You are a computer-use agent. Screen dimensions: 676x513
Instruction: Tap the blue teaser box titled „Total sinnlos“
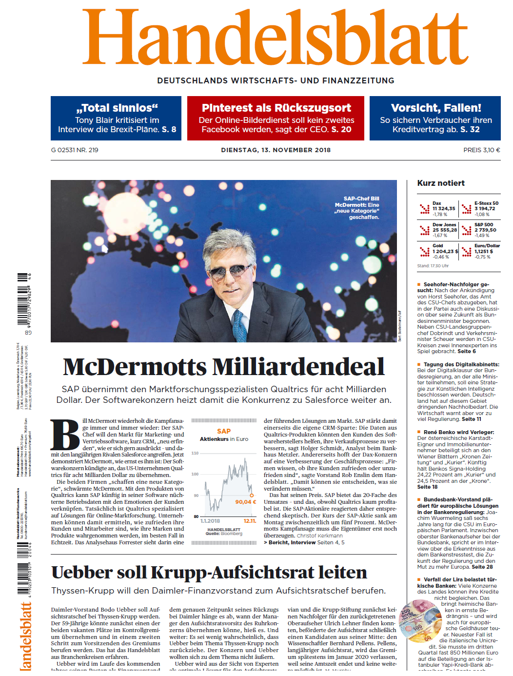[x=116, y=119]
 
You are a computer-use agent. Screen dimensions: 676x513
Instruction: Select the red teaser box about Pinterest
[x=276, y=119]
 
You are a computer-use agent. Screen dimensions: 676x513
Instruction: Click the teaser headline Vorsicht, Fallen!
[x=436, y=108]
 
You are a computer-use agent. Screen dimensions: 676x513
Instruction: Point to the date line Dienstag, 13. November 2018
[x=276, y=150]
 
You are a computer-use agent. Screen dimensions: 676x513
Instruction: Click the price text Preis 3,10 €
[x=481, y=150]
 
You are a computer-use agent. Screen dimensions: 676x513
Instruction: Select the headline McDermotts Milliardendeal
[x=224, y=367]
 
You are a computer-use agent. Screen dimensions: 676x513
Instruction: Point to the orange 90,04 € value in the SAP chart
[x=245, y=502]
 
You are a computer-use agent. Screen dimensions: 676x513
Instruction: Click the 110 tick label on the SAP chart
[x=195, y=454]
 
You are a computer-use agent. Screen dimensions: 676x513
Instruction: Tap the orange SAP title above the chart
[x=224, y=431]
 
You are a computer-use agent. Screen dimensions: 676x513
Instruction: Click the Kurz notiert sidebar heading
[x=441, y=183]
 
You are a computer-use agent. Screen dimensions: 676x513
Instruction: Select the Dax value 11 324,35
[x=444, y=209]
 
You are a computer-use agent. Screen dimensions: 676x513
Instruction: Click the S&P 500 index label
[x=484, y=225]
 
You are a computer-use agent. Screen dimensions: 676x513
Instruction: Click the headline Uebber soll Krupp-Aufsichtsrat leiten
[x=209, y=573]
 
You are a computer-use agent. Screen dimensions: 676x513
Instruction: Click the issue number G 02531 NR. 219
[x=75, y=150]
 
